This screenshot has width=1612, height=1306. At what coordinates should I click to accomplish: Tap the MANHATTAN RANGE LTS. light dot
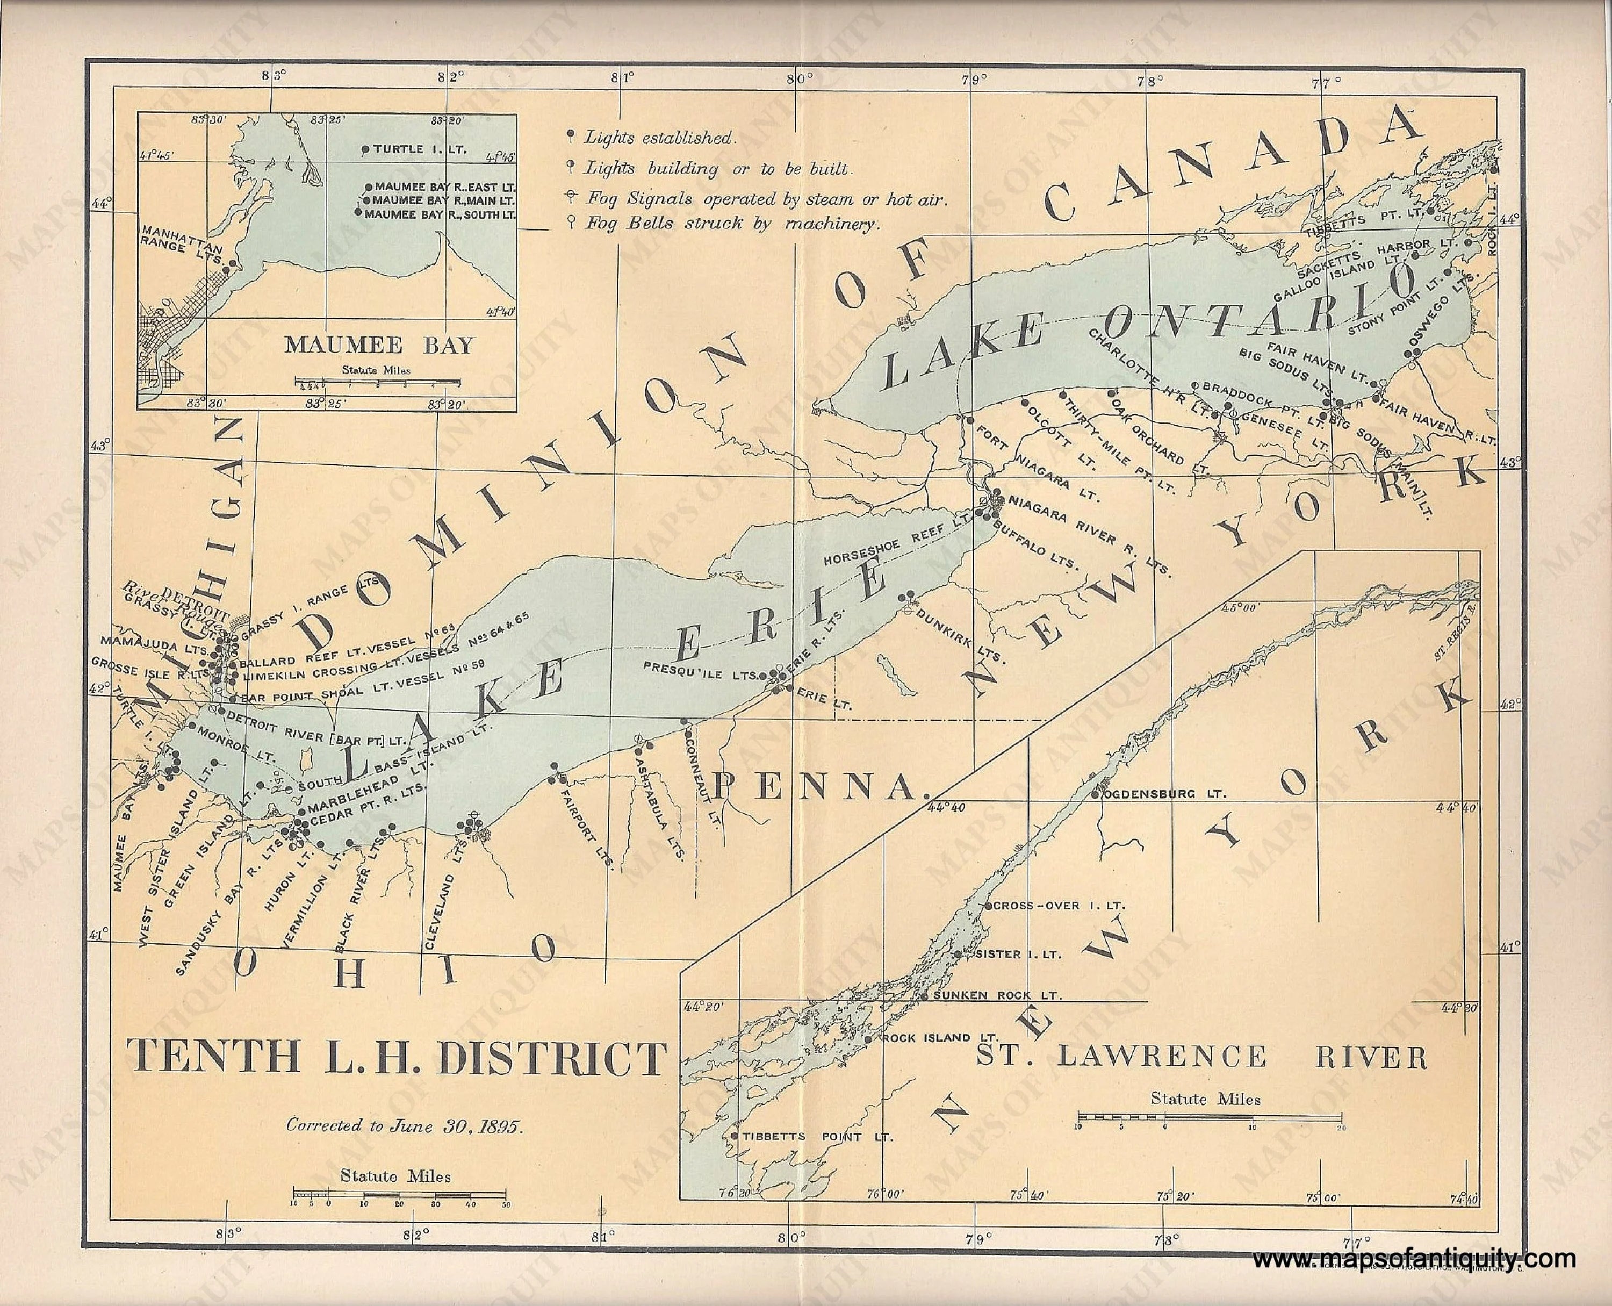coord(234,263)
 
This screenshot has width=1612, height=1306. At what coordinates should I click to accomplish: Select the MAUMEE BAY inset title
coord(380,345)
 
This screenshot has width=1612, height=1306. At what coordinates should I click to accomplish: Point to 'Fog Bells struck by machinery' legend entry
coord(732,224)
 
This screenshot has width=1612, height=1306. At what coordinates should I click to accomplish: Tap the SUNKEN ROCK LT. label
coord(997,996)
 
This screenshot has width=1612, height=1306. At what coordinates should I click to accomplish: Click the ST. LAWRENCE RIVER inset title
coord(1201,1058)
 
